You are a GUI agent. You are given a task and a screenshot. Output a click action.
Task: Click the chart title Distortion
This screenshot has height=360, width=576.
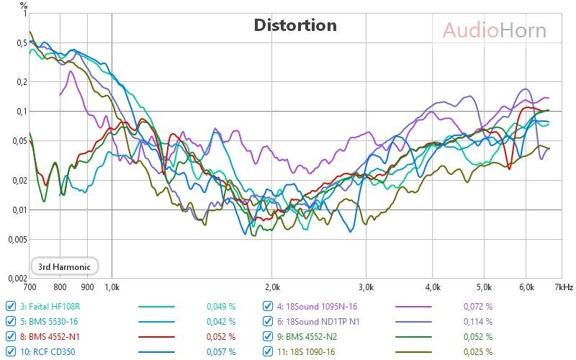[x=295, y=25]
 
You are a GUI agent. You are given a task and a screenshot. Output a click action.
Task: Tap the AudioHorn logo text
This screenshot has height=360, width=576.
[x=494, y=30]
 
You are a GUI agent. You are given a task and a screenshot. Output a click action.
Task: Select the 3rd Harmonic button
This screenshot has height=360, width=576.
[x=64, y=266]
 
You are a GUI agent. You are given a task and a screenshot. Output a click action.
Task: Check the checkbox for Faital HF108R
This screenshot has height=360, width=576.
[x=10, y=305]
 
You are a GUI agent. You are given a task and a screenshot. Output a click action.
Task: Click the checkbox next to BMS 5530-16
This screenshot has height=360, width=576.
[x=10, y=321]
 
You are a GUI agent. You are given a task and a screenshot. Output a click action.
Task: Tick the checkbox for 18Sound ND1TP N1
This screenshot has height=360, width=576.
[x=268, y=321]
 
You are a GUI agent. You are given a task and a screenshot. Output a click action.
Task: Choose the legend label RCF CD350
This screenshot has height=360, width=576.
[x=48, y=352]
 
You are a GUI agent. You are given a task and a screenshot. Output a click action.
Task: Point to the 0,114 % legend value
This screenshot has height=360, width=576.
[x=478, y=321]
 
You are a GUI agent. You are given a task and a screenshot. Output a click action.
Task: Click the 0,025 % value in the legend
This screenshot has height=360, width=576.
[x=478, y=352]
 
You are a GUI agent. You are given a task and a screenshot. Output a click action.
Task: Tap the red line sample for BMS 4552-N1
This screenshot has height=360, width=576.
[x=156, y=337]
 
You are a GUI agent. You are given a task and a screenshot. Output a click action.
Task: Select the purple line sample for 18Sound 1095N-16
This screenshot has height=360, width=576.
[x=414, y=306]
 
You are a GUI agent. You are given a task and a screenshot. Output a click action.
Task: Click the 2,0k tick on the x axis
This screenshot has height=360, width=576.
[x=272, y=287]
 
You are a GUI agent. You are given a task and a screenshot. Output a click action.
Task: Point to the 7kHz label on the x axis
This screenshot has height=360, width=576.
[x=564, y=287]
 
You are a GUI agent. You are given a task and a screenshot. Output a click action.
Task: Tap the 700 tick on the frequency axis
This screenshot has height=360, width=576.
[x=30, y=287]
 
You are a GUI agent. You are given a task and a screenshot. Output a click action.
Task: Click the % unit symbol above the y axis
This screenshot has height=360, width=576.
[x=23, y=5]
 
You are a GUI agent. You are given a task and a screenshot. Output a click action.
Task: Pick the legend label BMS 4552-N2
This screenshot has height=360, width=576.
[x=309, y=336]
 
